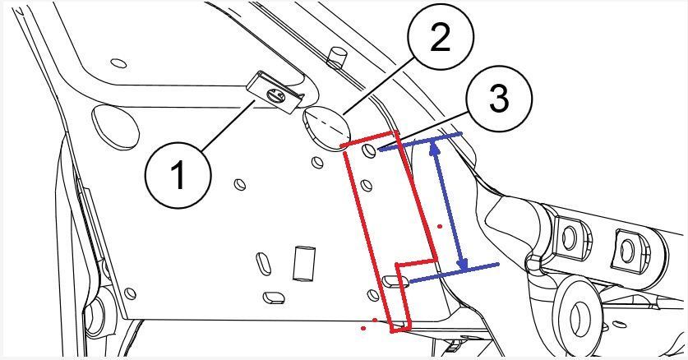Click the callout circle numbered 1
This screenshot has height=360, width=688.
pyautogui.click(x=178, y=174)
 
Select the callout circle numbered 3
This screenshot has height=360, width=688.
pyautogui.click(x=497, y=100)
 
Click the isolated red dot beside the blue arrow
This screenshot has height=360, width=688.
pyautogui.click(x=441, y=224)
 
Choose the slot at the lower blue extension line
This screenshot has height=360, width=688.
pyautogui.click(x=395, y=281)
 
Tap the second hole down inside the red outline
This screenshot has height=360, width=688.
pyautogui.click(x=371, y=178)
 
